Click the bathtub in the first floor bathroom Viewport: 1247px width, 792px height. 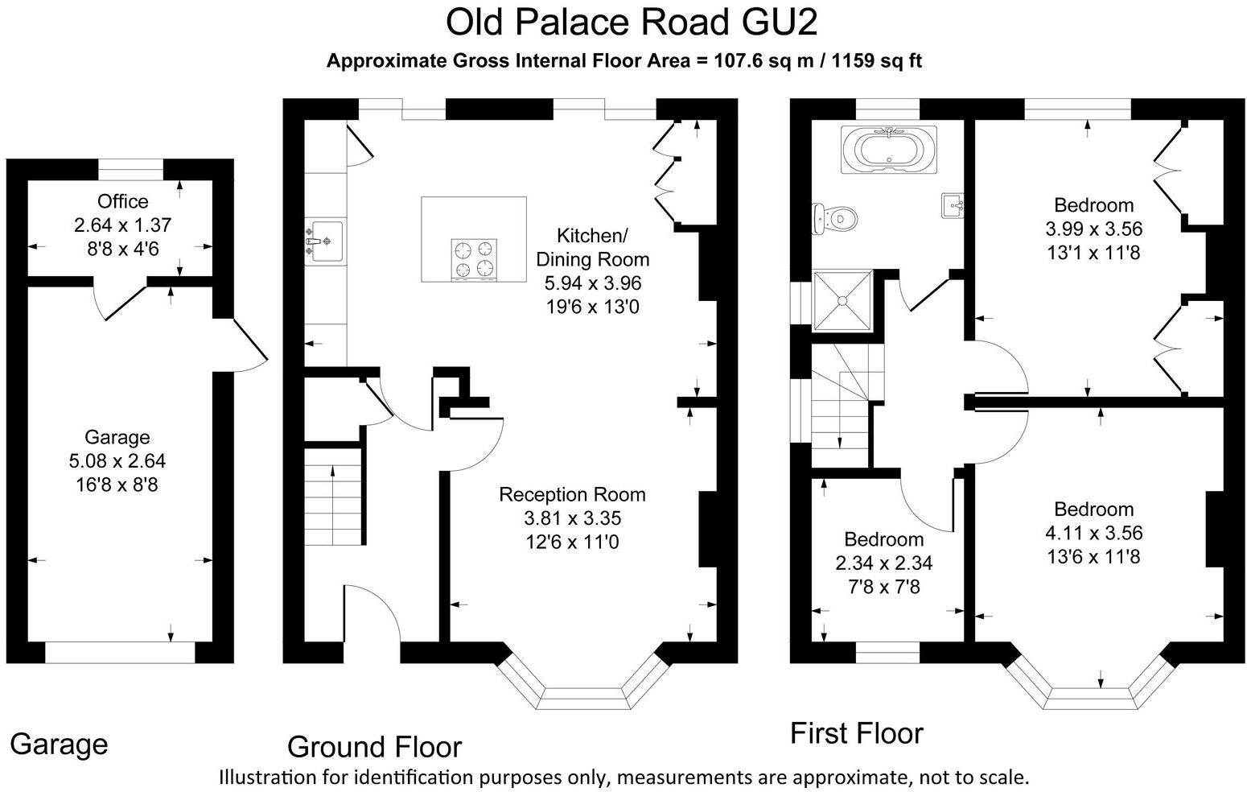[x=887, y=150]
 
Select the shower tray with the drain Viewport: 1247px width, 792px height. [x=842, y=300]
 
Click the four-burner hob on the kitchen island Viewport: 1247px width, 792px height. [x=473, y=260]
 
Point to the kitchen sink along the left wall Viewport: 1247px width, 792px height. [x=326, y=241]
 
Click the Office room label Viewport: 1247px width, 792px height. [x=122, y=201]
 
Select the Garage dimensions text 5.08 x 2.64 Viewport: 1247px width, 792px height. [x=117, y=461]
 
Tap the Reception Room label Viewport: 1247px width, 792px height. [x=572, y=494]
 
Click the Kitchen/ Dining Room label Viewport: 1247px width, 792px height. [x=592, y=248]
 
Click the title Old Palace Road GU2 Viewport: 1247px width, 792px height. [x=632, y=23]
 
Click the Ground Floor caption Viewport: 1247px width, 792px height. [x=374, y=747]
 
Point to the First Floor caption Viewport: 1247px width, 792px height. [x=856, y=733]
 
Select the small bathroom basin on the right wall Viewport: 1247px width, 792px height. [x=952, y=205]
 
